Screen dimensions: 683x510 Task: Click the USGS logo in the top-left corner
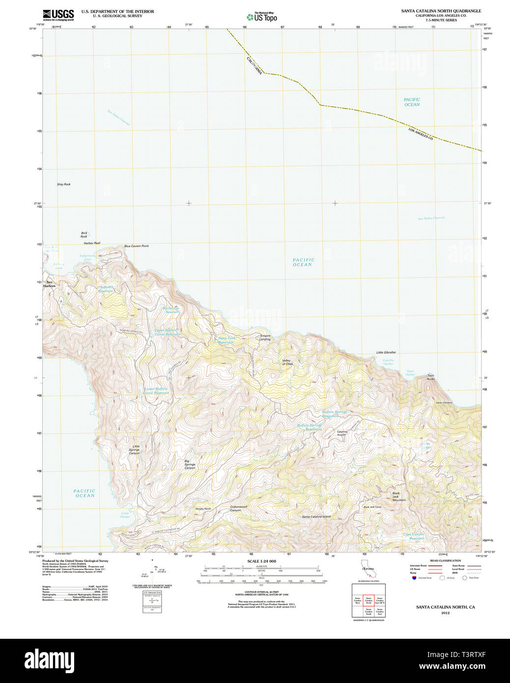[58, 15]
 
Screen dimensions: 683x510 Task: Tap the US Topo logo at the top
[262, 17]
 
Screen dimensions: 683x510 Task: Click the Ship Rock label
[63, 184]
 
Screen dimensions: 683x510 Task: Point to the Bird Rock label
[84, 235]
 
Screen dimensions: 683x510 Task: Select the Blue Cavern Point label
[136, 246]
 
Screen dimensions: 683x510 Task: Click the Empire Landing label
[265, 338]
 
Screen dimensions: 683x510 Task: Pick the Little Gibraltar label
[386, 352]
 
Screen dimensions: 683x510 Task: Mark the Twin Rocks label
[430, 377]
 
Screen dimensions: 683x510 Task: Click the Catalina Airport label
[341, 433]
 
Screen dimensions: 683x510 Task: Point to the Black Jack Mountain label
[398, 496]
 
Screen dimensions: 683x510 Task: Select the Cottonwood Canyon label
[238, 509]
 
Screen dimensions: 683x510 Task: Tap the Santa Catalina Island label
[316, 516]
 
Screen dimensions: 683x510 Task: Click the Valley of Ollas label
[287, 362]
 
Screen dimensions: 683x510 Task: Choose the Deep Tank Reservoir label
[227, 340]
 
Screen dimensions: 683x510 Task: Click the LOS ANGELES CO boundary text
[421, 134]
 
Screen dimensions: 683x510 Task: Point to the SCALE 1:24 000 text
[261, 561]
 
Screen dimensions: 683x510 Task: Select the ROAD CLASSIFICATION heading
[445, 561]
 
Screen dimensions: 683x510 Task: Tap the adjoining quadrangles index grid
[368, 601]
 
